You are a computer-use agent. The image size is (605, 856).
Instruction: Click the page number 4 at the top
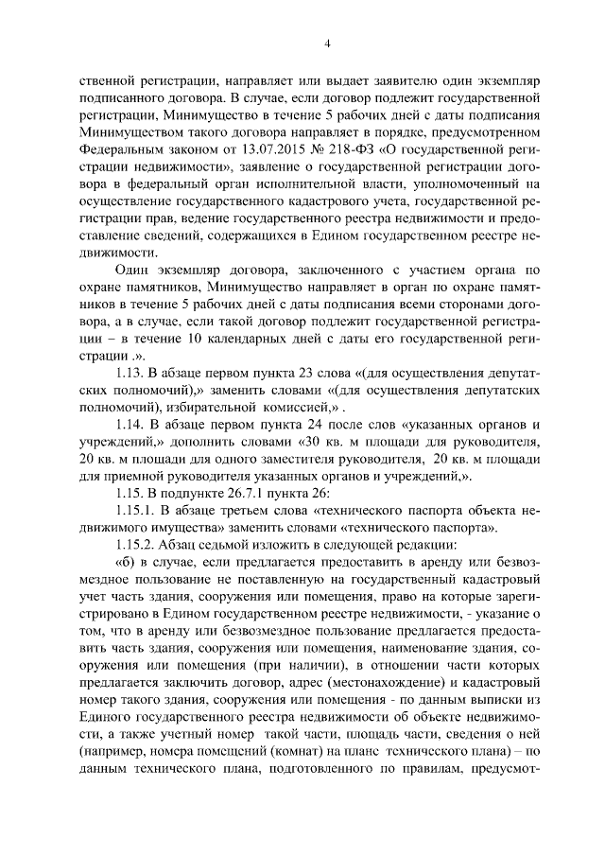tap(326, 44)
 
